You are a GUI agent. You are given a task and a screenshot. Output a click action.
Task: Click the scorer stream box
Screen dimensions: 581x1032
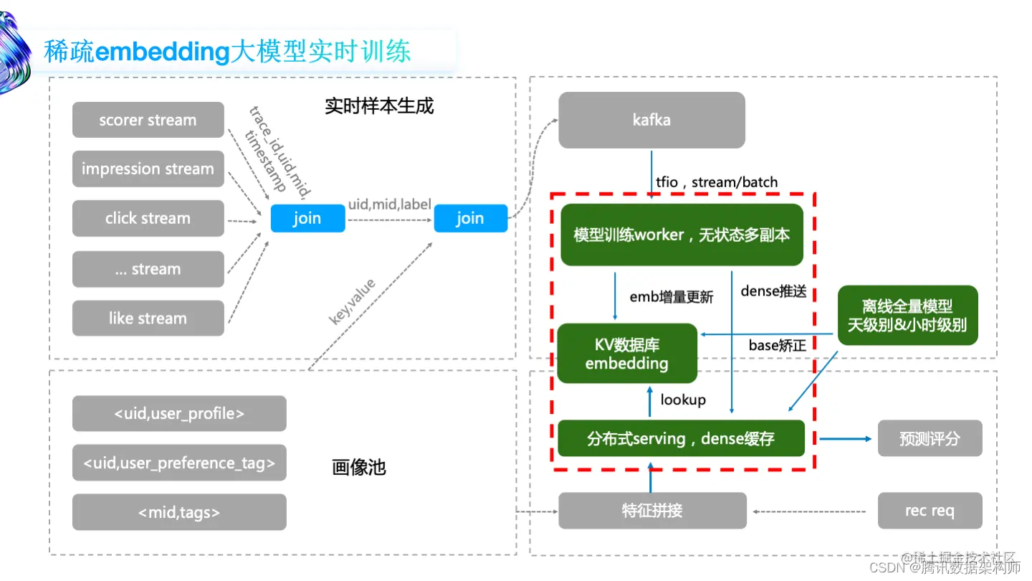[148, 120]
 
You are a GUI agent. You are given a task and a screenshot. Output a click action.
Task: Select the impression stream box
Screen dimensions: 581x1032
[148, 169]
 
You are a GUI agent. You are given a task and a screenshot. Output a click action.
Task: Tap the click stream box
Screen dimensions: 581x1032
[148, 218]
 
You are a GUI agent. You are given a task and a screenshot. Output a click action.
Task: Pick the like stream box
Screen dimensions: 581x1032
[148, 318]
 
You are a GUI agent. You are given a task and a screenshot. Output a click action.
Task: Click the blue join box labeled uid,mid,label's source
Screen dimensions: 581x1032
[307, 218]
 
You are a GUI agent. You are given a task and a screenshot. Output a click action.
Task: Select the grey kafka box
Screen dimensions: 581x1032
[651, 120]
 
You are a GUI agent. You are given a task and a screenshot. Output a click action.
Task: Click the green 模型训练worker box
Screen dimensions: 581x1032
[681, 235]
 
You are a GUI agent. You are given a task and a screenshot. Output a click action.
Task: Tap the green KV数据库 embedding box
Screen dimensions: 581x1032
[627, 354]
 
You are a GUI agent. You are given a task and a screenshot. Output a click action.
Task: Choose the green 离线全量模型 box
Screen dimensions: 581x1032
[907, 316]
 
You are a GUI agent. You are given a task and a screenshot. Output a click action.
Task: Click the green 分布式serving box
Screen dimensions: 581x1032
[681, 438]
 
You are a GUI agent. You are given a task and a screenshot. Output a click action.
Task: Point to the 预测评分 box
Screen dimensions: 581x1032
[930, 438]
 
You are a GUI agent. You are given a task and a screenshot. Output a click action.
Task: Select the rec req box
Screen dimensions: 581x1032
[930, 511]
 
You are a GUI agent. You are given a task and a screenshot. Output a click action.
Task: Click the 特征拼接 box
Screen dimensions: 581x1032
[651, 511]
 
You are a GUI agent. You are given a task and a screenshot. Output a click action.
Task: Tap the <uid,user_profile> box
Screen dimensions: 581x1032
[179, 414]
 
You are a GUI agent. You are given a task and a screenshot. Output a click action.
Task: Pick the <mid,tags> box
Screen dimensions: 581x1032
[179, 512]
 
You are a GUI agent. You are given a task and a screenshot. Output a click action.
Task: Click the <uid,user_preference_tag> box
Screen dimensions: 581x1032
[179, 463]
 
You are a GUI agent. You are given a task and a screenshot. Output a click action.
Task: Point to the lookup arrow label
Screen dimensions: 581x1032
[683, 400]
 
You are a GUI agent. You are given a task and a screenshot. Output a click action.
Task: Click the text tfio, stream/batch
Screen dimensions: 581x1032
[717, 182]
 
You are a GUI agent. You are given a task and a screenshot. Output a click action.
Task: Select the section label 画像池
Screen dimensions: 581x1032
[359, 468]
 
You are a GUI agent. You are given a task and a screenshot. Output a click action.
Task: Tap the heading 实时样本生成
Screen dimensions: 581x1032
[379, 106]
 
